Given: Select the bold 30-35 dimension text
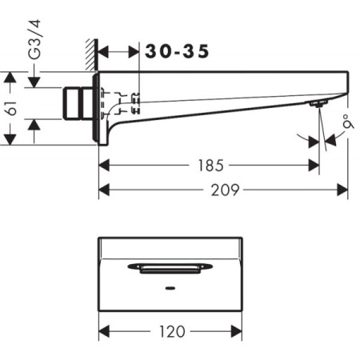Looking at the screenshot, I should [x=178, y=51].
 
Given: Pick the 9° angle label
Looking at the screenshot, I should [x=345, y=125].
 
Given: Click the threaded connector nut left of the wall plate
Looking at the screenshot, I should [x=78, y=104].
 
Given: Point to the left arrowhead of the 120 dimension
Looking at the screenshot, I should [x=102, y=331].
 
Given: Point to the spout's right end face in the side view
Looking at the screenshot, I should [x=346, y=85].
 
